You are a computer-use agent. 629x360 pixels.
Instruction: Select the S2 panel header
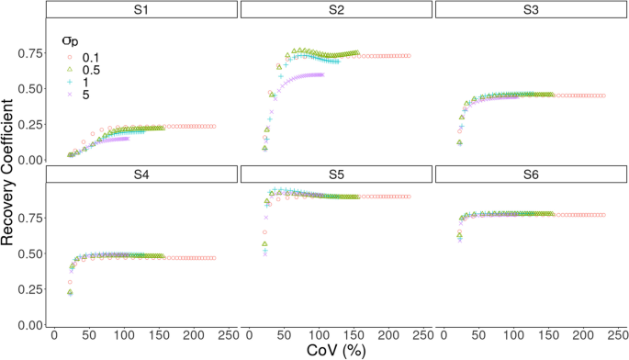click(336, 10)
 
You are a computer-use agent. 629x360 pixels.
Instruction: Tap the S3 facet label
click(531, 10)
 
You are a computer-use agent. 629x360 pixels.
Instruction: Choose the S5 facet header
click(336, 174)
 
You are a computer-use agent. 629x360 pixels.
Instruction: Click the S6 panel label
click(531, 174)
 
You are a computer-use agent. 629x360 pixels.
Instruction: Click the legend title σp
click(59, 41)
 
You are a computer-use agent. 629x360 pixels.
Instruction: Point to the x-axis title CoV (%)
click(336, 350)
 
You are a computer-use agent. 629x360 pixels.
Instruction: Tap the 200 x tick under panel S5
click(388, 335)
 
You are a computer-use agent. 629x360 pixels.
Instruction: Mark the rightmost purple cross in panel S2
click(322, 74)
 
